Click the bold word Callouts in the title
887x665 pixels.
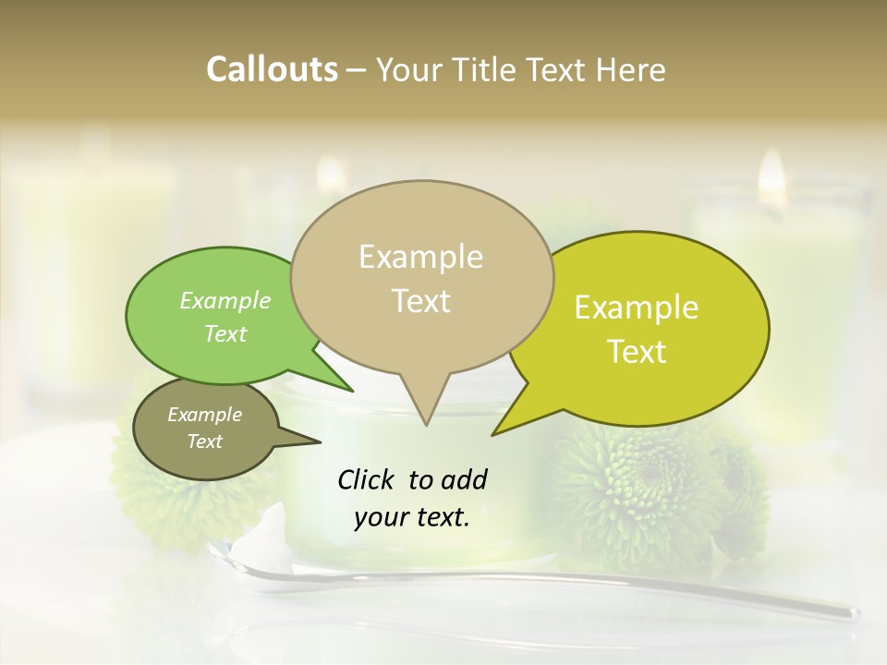point(272,69)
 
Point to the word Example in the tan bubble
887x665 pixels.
point(420,257)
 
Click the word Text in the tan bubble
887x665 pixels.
point(420,301)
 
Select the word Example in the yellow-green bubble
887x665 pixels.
point(637,308)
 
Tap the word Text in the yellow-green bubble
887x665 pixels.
point(637,352)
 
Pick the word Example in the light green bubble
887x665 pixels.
point(225,300)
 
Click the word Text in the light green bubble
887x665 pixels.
point(225,333)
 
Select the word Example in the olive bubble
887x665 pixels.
point(204,415)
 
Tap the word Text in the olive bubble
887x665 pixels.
point(204,441)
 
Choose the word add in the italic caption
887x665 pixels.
point(465,479)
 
